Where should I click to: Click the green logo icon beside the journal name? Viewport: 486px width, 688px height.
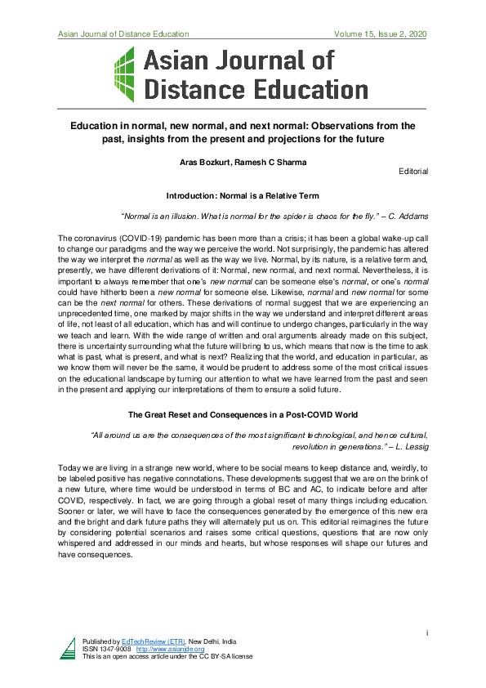(123, 74)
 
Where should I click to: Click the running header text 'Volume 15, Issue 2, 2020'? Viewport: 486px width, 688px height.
(381, 34)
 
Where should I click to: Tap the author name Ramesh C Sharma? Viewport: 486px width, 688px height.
(268, 163)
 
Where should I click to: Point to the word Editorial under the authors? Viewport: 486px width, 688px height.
(413, 172)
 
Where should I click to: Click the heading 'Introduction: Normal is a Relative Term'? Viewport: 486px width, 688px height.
(243, 197)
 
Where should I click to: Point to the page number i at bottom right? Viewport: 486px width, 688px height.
(426, 632)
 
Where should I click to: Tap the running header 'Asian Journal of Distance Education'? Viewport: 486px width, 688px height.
(123, 34)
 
